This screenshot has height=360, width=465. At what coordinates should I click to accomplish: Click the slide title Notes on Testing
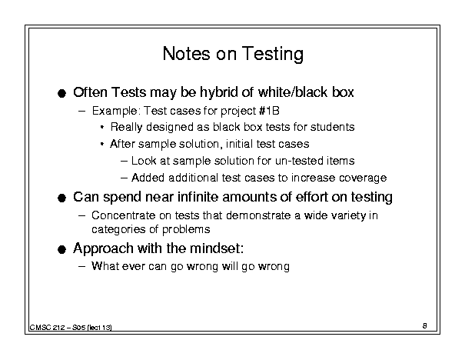[233, 54]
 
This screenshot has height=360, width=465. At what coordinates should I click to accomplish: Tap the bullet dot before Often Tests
[61, 94]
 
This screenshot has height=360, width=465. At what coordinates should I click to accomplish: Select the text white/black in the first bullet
[293, 92]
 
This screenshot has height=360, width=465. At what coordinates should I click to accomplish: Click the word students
[333, 127]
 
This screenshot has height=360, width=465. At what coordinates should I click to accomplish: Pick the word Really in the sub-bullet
[126, 128]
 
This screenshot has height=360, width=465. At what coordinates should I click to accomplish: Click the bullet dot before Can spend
[61, 198]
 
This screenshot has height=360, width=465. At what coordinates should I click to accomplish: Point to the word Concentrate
[123, 215]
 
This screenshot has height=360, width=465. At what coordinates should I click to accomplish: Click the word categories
[118, 230]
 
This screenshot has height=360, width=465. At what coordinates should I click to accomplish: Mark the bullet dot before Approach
[61, 249]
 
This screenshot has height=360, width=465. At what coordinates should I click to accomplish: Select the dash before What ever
[81, 266]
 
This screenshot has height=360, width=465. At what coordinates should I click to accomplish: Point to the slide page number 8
[425, 325]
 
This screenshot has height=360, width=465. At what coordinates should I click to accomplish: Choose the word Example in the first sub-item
[115, 111]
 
